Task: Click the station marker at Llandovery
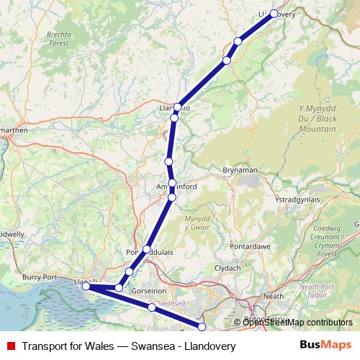coord(274,13)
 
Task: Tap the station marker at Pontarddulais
coord(147,250)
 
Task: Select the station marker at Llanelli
coord(86,287)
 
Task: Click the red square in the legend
coord(10,346)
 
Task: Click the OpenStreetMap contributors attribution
coord(297,323)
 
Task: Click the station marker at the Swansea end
coord(202,328)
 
